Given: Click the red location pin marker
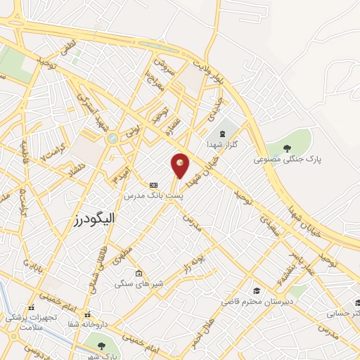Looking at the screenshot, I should click(180, 165).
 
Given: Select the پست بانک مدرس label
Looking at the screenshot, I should click(153, 195).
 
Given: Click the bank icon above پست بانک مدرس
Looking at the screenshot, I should click(153, 185).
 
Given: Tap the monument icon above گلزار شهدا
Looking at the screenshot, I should click(224, 132).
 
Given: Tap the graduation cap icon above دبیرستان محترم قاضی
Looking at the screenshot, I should click(257, 290).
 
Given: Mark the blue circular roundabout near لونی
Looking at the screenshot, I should click(111, 139).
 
